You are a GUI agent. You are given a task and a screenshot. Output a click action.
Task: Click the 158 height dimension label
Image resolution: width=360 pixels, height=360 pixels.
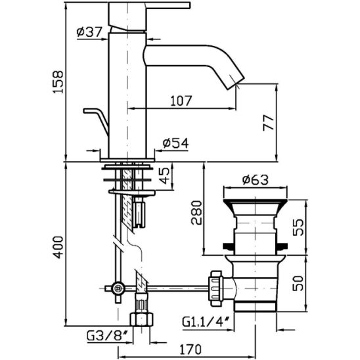pyautogui.click(x=58, y=81)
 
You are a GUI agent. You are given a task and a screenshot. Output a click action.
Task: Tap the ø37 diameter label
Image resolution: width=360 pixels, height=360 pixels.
pyautogui.click(x=89, y=32)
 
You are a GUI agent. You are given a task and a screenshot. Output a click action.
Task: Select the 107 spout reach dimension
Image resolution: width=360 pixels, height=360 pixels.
pyautogui.click(x=181, y=101)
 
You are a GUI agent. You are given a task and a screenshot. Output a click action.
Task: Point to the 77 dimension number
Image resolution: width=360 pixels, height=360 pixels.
pyautogui.click(x=269, y=123)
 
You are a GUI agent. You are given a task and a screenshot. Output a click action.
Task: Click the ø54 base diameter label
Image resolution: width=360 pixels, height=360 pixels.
pyautogui.click(x=175, y=143)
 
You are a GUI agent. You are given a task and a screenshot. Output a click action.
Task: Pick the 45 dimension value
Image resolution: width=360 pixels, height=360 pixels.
pyautogui.click(x=164, y=175)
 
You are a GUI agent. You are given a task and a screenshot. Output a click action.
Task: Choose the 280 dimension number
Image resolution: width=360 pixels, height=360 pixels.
pyautogui.click(x=197, y=213)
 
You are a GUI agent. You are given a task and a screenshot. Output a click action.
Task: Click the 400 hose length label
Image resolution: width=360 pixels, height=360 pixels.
pyautogui.click(x=58, y=247)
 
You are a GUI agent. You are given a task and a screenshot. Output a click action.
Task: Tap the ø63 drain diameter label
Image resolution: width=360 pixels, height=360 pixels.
pyautogui.click(x=256, y=179)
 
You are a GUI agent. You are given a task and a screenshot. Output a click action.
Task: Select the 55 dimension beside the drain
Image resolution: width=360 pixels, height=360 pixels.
pyautogui.click(x=298, y=227)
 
